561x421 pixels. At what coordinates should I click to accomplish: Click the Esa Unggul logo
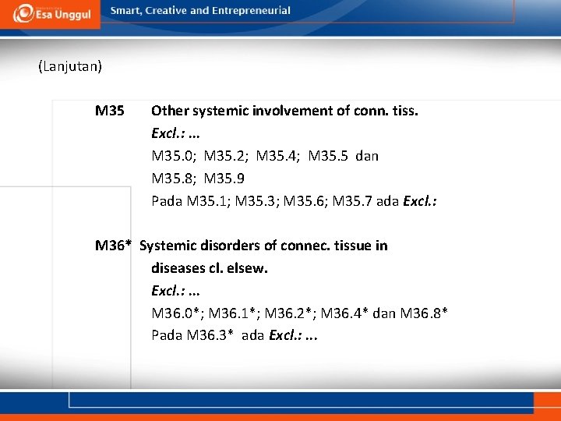tap(52, 12)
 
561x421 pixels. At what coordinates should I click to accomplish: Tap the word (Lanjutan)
tap(70, 66)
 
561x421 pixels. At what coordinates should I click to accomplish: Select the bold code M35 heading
tap(110, 111)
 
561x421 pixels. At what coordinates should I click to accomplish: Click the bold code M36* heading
tap(113, 246)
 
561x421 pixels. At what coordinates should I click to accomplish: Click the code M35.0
tap(172, 156)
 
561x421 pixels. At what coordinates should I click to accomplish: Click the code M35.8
tap(172, 179)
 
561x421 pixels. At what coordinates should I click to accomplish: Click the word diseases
tap(179, 268)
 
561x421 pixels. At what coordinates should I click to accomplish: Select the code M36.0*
tap(177, 313)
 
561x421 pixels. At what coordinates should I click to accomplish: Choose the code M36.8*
tap(424, 313)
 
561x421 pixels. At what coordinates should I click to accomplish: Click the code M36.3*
tap(210, 336)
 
